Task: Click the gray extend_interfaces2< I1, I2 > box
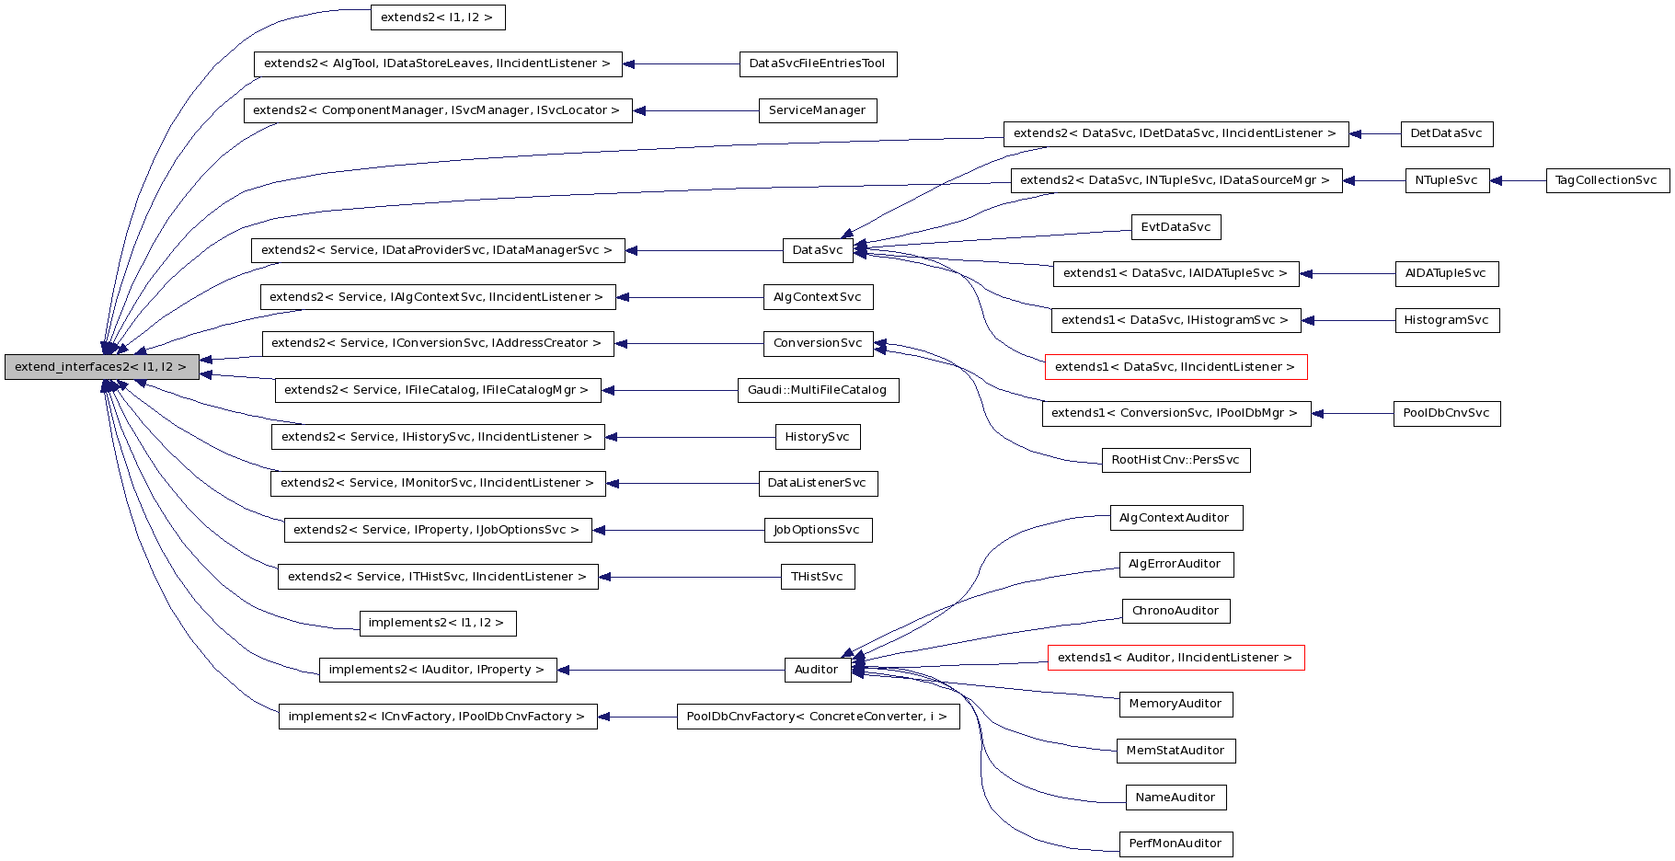101,367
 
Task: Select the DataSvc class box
818,250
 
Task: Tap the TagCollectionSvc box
1607,180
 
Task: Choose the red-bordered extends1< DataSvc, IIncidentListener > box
1176,367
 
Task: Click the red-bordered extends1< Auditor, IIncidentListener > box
1176,658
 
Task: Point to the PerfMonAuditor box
1176,844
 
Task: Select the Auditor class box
817,670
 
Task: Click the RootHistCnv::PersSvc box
1176,460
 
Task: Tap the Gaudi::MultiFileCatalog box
818,390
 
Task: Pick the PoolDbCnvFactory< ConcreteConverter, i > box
818,717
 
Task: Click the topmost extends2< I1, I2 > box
438,17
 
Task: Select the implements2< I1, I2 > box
437,623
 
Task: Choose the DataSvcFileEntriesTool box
818,63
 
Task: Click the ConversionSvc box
818,343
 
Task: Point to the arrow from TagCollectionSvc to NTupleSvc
1518,181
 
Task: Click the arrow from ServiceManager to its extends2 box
695,110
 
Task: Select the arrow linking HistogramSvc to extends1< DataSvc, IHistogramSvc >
1348,320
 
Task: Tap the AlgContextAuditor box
1176,518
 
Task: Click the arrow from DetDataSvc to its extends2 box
1374,133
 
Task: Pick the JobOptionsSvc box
818,530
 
